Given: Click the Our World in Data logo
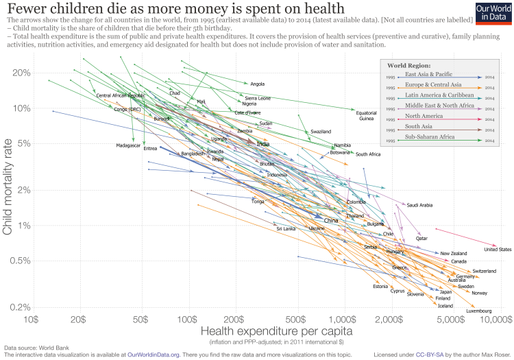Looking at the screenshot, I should tap(493, 14).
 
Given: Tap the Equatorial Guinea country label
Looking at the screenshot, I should tap(367, 115).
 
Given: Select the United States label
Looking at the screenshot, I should tap(497, 250).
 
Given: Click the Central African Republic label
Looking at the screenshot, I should tap(121, 95).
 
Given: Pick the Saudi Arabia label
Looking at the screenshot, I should tap(419, 205).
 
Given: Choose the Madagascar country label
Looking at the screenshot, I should tap(128, 145).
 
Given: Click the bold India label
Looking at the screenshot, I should tap(262, 144).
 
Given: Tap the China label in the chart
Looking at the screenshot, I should tap(331, 221).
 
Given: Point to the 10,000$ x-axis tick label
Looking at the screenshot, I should tap(493, 320).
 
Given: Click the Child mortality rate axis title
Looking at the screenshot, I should tap(9, 189).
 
